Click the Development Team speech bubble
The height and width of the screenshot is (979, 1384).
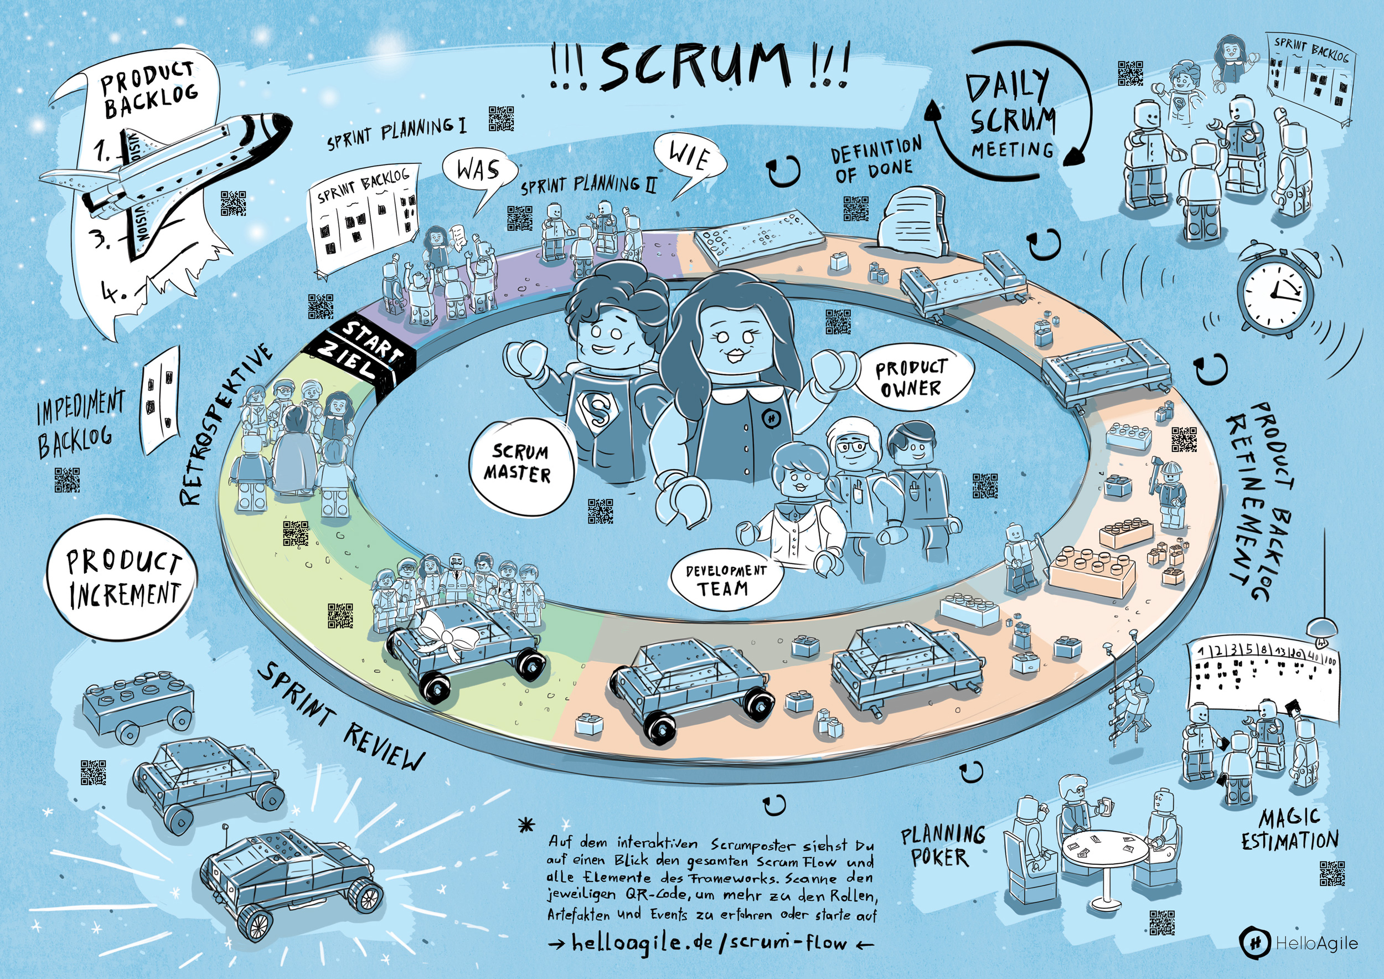click(x=726, y=579)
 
